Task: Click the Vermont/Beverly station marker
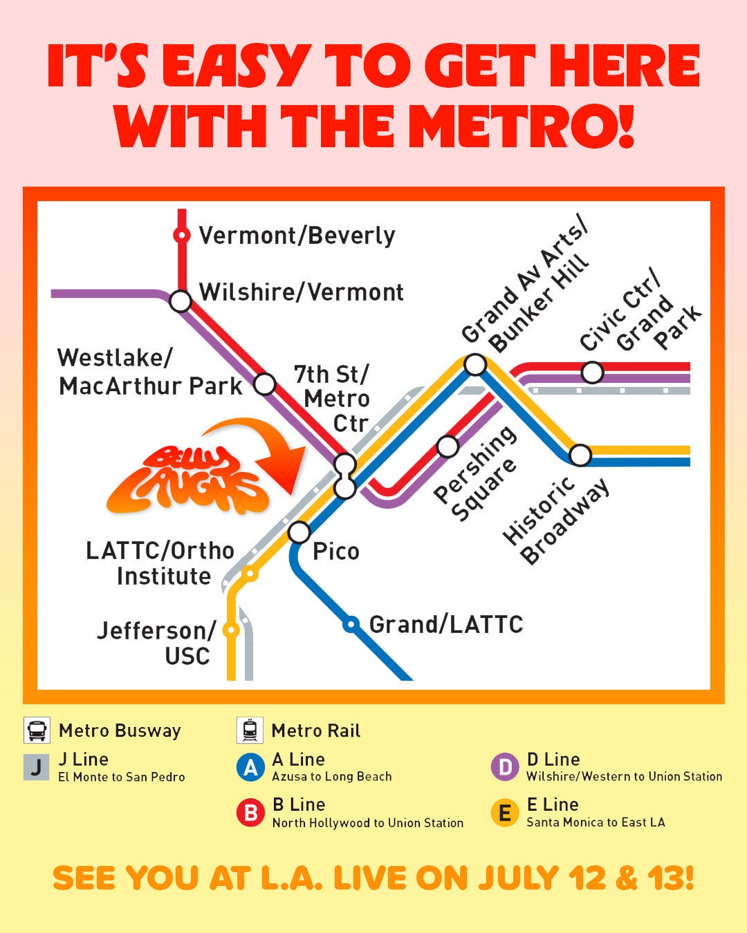pos(181,236)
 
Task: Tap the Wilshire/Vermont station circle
pos(181,301)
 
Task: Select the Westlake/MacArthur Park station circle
pos(265,384)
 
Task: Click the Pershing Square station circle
pos(448,446)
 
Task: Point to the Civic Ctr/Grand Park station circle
pos(592,373)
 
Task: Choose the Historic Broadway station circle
pos(580,455)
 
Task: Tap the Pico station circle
pos(299,532)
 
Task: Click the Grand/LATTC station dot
pos(351,625)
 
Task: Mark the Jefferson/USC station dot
pos(232,630)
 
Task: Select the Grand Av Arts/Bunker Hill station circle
pos(475,364)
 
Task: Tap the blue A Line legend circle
pos(250,767)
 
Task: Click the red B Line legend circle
pos(250,813)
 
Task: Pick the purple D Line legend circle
pos(505,767)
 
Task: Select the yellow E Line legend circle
pos(505,813)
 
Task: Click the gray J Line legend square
pos(37,767)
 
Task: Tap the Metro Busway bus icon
pos(37,730)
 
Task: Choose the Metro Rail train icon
pos(250,730)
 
